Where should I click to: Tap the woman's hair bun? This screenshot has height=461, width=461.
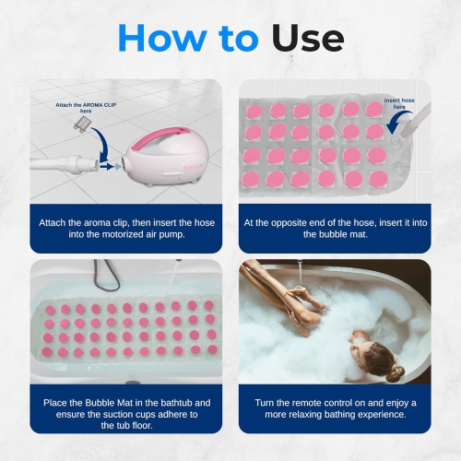(x=396, y=372)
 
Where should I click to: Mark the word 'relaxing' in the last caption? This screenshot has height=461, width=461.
(x=309, y=415)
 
